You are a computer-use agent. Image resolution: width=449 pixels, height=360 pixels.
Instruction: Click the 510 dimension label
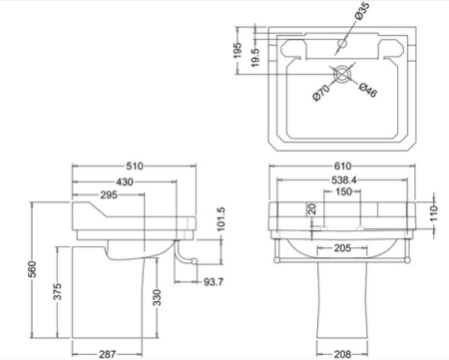click(x=135, y=166)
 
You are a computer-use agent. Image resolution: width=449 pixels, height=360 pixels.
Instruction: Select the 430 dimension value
click(x=125, y=181)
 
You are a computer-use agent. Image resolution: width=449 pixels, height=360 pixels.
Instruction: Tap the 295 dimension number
click(x=109, y=194)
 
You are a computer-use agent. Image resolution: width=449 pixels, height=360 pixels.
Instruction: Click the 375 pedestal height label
click(x=58, y=291)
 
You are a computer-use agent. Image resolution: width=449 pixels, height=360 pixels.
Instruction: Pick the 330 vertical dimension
click(x=158, y=297)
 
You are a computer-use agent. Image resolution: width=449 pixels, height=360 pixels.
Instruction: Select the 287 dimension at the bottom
click(x=107, y=354)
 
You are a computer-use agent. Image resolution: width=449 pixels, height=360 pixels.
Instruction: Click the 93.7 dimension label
click(x=214, y=282)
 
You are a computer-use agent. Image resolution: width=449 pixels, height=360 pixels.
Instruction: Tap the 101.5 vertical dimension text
click(x=221, y=219)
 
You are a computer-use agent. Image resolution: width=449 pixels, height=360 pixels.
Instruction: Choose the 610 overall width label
click(x=342, y=166)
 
